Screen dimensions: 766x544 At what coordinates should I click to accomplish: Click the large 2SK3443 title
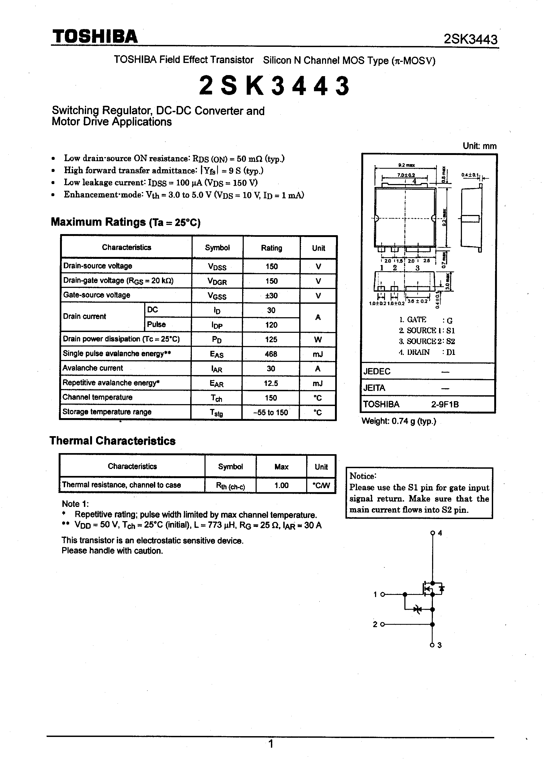coord(274,86)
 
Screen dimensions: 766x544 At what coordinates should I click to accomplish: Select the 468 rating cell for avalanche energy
coord(271,354)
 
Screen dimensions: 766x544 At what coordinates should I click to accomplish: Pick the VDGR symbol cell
coord(217,281)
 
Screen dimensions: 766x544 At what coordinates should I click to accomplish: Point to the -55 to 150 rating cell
coord(271,412)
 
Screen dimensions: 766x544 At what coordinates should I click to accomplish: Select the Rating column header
coord(271,248)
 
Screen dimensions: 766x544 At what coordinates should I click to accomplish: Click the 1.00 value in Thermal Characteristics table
coord(281,485)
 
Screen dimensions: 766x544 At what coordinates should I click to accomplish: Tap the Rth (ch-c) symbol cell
coord(231,486)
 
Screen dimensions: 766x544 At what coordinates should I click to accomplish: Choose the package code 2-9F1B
coord(445,404)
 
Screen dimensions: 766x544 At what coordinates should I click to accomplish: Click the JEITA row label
coord(374,388)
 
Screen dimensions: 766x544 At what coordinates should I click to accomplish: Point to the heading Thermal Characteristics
coord(112,441)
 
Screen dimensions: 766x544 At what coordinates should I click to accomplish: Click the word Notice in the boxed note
coord(363,476)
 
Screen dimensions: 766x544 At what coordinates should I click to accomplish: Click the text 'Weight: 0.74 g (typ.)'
coord(399,421)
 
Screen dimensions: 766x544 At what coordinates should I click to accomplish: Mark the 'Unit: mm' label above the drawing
coord(479,146)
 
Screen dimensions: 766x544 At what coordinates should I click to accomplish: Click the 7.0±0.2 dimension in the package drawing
coord(406,175)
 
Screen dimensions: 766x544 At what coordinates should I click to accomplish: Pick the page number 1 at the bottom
coord(271,744)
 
